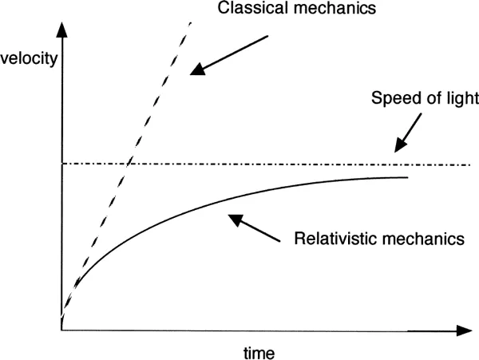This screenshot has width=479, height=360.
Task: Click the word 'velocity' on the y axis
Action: (30, 59)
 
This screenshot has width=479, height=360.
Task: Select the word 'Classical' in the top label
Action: (241, 10)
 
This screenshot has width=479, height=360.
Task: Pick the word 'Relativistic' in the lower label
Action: (331, 237)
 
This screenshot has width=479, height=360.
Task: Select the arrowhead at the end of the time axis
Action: (464, 329)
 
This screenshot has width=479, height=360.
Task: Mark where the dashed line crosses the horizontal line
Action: (129, 164)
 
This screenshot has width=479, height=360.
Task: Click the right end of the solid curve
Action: (407, 177)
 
